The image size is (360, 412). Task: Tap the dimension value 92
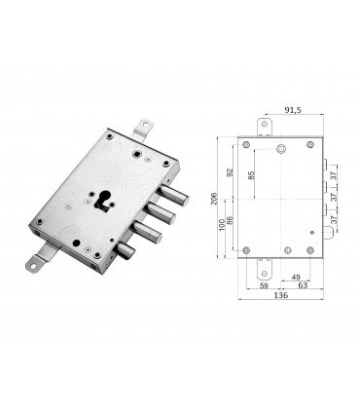(231, 171)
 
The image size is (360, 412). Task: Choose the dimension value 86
(231, 222)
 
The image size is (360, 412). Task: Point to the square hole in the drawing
(281, 148)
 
